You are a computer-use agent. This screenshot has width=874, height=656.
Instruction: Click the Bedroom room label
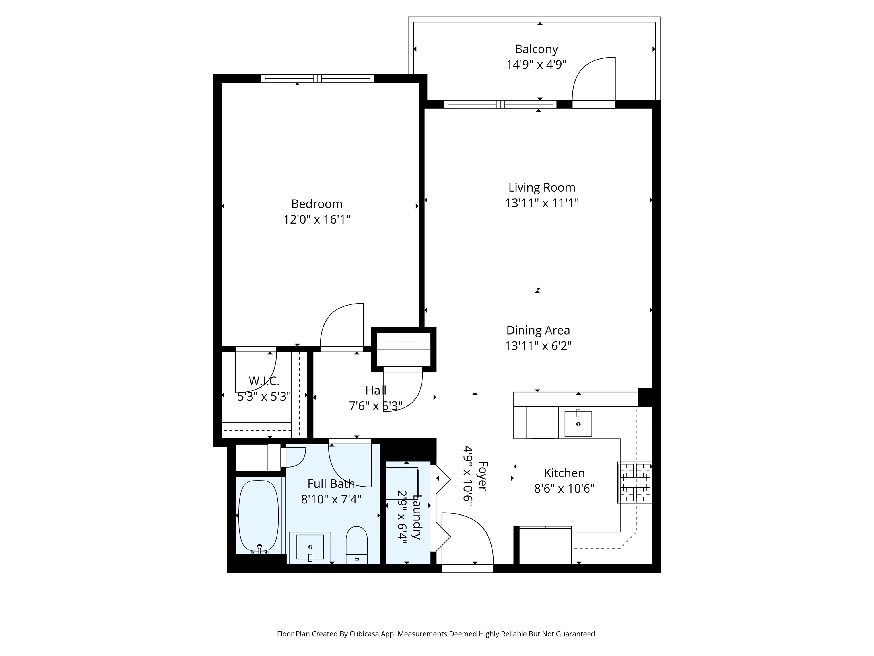(x=317, y=204)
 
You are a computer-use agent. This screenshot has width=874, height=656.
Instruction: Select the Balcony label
(x=537, y=49)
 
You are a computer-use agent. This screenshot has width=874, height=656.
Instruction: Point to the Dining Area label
(x=538, y=330)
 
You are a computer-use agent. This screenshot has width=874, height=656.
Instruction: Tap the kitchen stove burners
(x=634, y=482)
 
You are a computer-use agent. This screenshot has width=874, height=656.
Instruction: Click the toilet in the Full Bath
(x=357, y=545)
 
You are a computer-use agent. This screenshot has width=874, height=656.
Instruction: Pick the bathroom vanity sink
(x=310, y=547)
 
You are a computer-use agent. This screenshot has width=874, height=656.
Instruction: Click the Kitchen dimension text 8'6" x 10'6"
(x=564, y=489)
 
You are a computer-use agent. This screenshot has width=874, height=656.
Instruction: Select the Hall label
(x=376, y=390)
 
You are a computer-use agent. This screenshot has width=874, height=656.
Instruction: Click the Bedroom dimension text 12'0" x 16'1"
(x=317, y=220)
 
